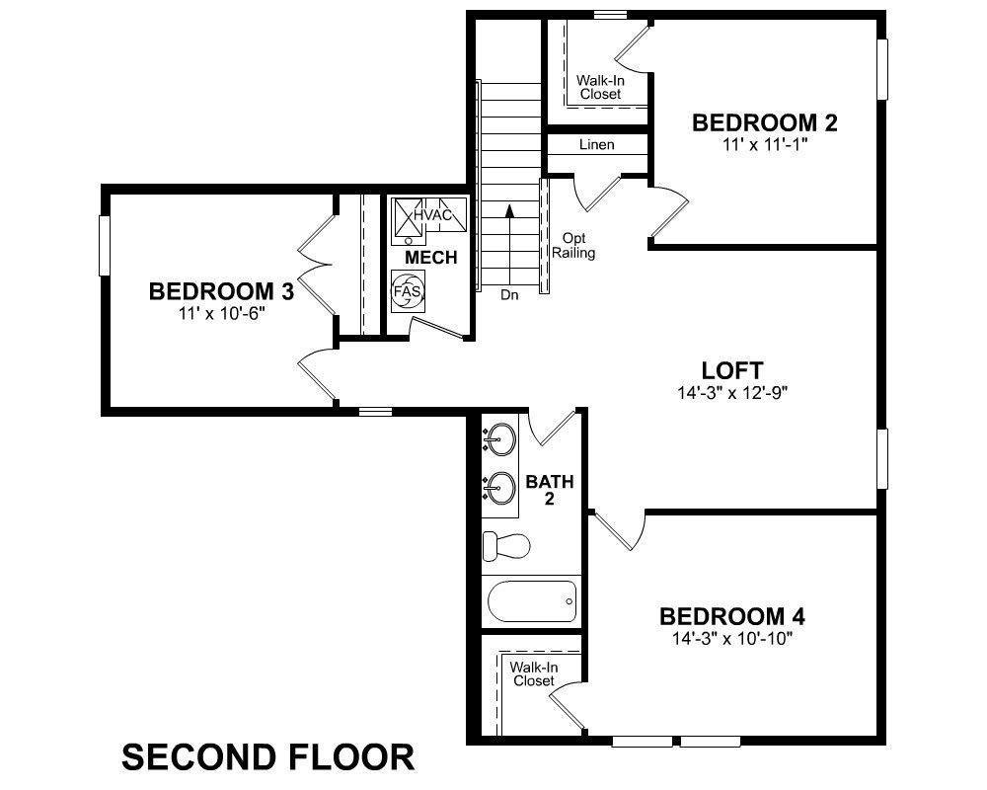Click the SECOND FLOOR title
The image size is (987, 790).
[x=267, y=757]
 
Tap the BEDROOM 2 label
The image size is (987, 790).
[x=765, y=123]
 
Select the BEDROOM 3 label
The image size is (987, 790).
[x=221, y=292]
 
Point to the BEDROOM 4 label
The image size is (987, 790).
[x=731, y=617]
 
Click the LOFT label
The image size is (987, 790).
[x=731, y=370]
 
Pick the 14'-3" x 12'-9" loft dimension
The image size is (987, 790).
[x=731, y=392]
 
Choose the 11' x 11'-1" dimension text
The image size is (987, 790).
[x=765, y=144]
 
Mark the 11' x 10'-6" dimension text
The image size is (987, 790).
[x=221, y=313]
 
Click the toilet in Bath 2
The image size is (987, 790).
[x=505, y=545]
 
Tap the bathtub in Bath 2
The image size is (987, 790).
[x=532, y=600]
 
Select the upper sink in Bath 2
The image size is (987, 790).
[x=501, y=436]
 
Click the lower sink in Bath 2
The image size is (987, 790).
[x=501, y=486]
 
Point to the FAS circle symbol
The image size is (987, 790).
[x=407, y=291]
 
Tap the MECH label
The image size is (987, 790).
[x=431, y=258]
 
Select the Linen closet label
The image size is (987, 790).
[x=595, y=145]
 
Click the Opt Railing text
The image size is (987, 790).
[x=577, y=246]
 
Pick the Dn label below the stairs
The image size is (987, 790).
[x=509, y=294]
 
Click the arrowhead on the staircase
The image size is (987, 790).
[x=509, y=210]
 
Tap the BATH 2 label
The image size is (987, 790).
[x=549, y=490]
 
